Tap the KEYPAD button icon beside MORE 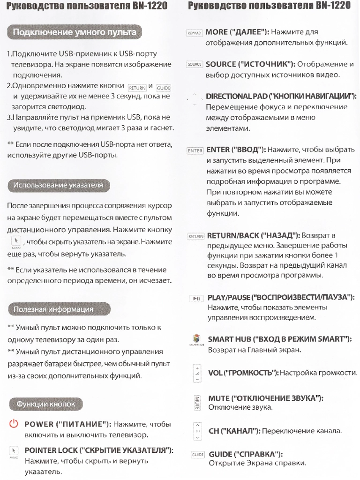194,33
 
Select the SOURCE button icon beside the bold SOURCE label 194,64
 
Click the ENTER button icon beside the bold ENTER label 195,151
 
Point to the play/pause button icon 196,299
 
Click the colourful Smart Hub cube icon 196,338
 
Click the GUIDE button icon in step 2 163,88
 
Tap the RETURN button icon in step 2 137,88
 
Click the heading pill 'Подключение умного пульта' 75,32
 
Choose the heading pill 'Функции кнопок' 45,404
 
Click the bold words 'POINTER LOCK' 51,450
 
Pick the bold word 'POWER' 38,425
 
